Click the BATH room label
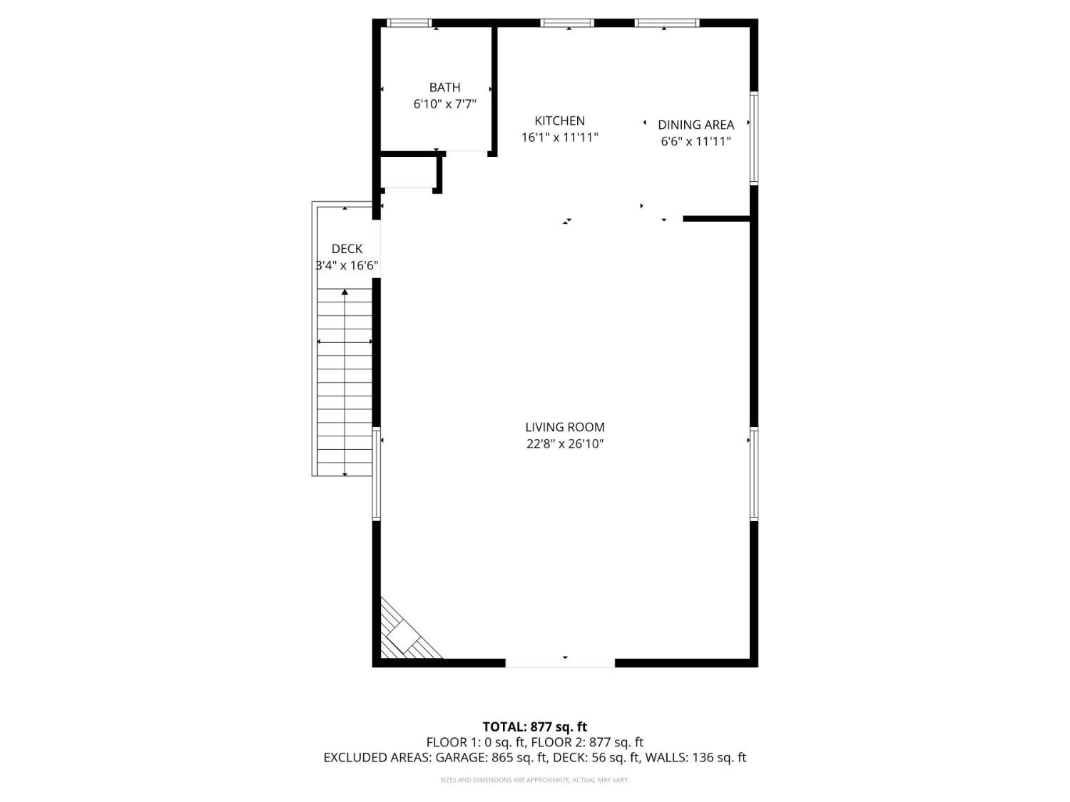tap(444, 88)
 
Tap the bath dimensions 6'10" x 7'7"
tap(444, 104)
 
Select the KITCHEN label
tap(559, 121)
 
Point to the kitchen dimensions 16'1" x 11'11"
tap(559, 137)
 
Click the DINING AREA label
tap(695, 125)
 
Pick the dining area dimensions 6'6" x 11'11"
tap(695, 141)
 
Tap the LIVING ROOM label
tap(564, 428)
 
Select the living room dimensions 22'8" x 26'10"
tap(564, 444)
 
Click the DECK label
tap(347, 249)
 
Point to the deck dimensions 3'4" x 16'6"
tap(347, 266)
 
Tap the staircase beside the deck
tap(345, 381)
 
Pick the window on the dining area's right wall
tap(753, 138)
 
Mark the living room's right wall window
tap(753, 473)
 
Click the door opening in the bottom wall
tap(560, 663)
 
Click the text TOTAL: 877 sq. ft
tap(534, 727)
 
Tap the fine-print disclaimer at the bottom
tap(534, 781)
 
